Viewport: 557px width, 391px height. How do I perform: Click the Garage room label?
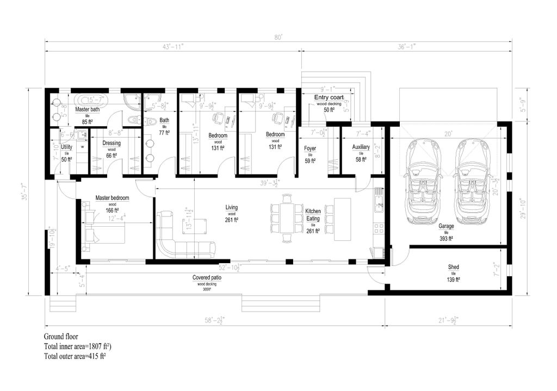(x=447, y=225)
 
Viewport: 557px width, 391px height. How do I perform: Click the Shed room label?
(x=453, y=267)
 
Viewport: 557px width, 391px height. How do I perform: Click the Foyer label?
(x=310, y=147)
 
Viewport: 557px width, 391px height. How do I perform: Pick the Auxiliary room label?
(x=361, y=147)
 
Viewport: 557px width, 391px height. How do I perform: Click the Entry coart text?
(x=329, y=97)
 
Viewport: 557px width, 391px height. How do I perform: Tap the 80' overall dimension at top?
(x=278, y=38)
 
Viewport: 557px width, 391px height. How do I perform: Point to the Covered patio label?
(x=207, y=277)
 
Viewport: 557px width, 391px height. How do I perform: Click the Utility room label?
(x=66, y=147)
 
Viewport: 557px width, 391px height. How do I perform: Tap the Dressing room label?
(x=112, y=144)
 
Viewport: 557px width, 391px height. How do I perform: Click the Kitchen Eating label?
(x=313, y=214)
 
